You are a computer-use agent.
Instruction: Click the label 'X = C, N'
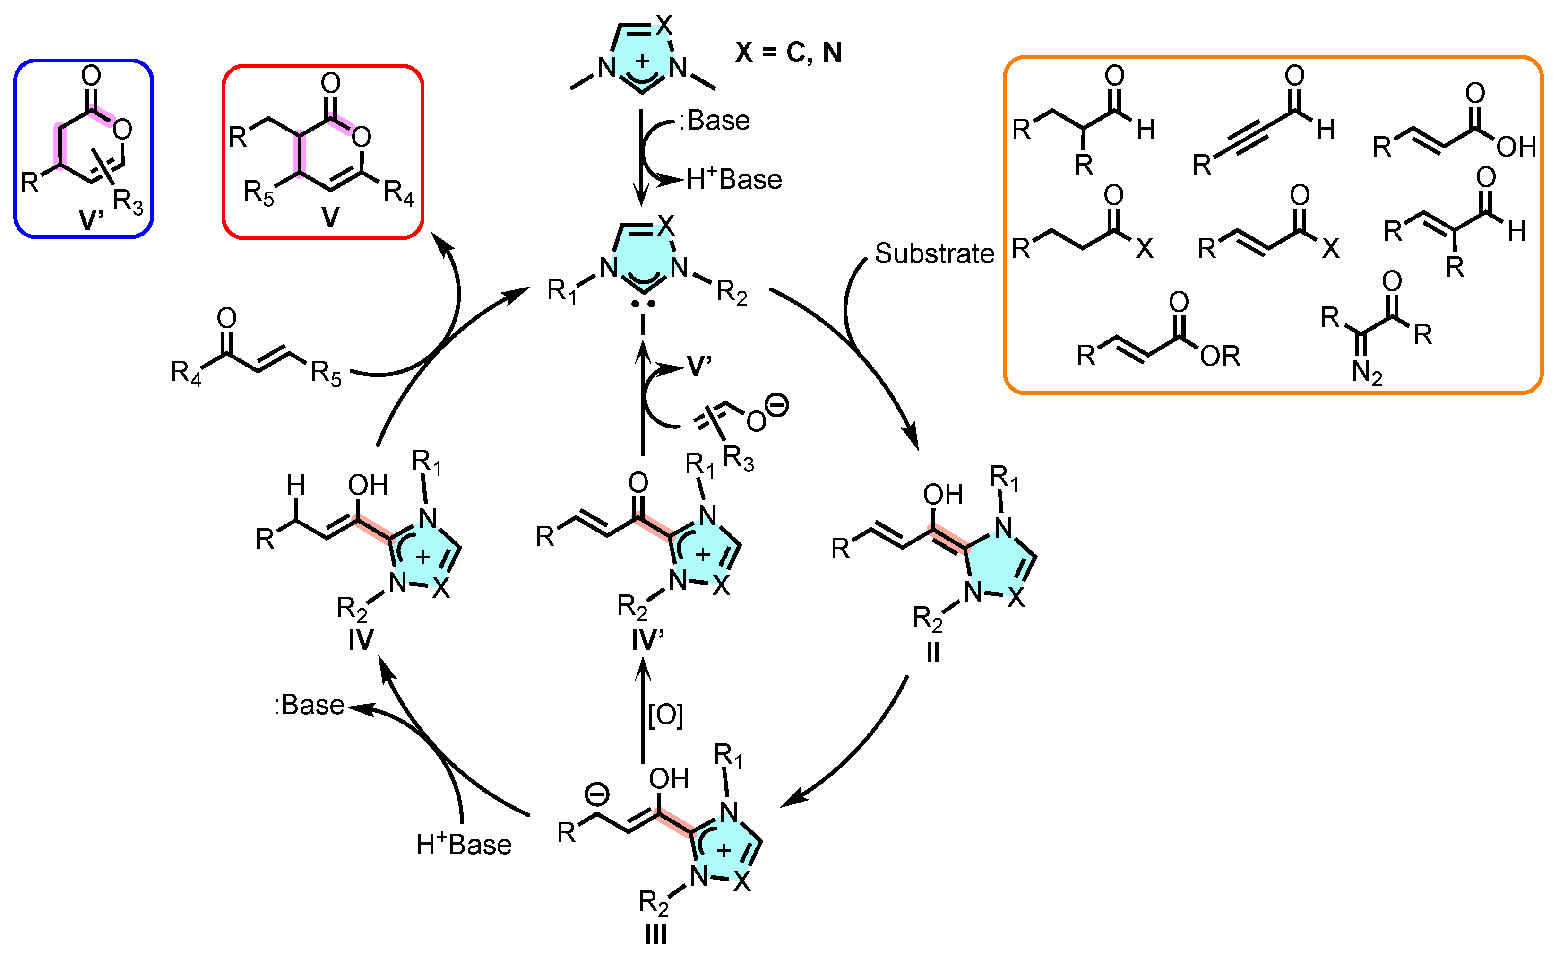pos(788,52)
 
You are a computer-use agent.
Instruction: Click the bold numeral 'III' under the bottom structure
pos(655,934)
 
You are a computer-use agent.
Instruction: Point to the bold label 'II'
pos(933,652)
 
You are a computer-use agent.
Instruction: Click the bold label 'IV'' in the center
pos(647,639)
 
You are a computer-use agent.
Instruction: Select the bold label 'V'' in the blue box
pos(91,220)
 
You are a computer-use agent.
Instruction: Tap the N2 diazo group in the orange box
pos(1367,373)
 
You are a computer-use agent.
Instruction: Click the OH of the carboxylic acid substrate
pos(1516,147)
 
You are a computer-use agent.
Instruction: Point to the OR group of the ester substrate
pos(1220,356)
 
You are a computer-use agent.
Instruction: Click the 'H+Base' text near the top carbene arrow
pos(733,180)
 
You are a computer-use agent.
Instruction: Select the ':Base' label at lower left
pos(309,705)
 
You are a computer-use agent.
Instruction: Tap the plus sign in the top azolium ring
pos(643,61)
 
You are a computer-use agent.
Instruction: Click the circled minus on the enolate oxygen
pos(776,405)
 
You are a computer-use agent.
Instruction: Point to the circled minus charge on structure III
pos(596,794)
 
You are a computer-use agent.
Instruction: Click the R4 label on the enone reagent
pos(186,373)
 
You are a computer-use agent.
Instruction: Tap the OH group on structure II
pos(943,495)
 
